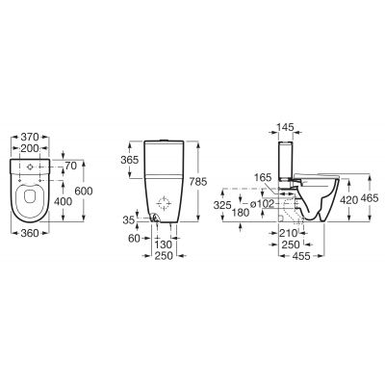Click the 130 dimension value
pos(165,244)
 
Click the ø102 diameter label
pos(261,204)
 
